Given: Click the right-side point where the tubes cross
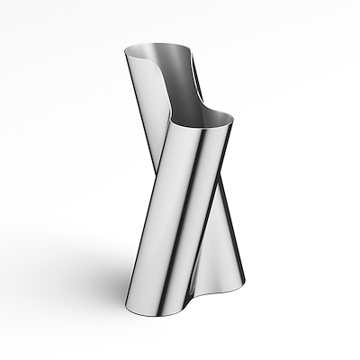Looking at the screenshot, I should point(216,193).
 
